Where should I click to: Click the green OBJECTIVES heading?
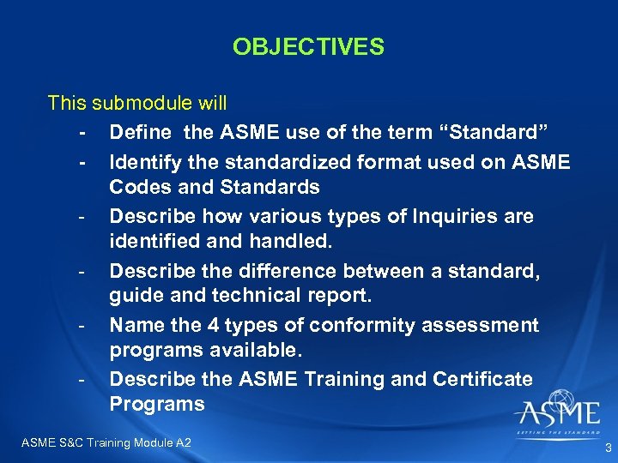(308, 46)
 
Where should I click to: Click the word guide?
(136, 298)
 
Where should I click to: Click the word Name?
(135, 326)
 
